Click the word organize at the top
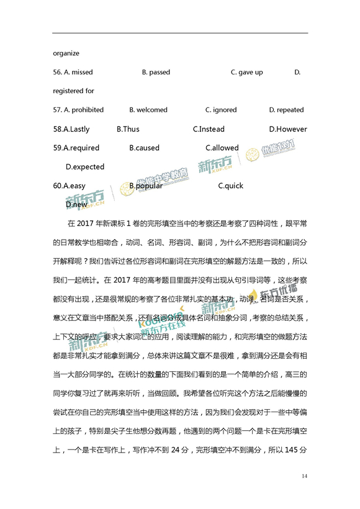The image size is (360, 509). click(66, 53)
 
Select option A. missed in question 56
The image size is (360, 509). click(73, 72)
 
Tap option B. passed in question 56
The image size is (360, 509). click(156, 72)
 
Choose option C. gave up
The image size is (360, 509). click(246, 72)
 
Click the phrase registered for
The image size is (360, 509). click(73, 91)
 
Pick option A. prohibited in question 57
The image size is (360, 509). click(78, 110)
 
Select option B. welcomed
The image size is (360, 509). click(148, 110)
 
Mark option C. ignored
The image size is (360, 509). click(221, 110)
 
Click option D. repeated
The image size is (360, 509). click(286, 110)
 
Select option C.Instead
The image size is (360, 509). click(209, 129)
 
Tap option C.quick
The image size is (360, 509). click(231, 186)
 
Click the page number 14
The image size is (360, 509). click(304, 475)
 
